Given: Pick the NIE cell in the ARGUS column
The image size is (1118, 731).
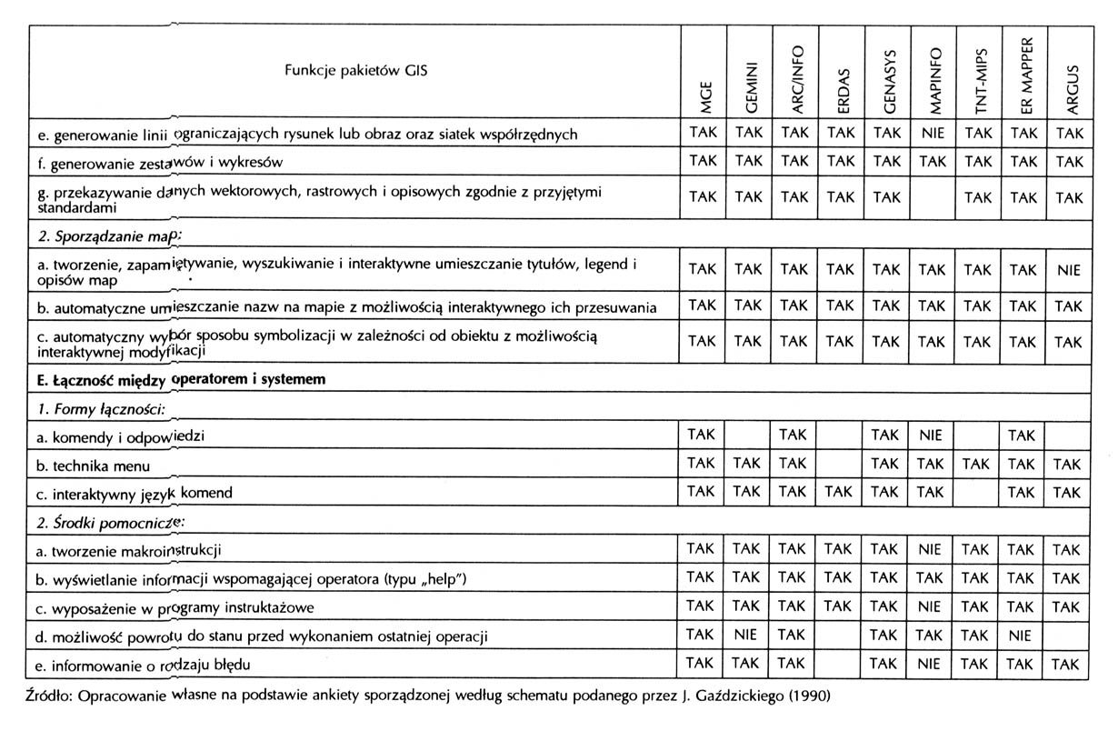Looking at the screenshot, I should point(1069,269).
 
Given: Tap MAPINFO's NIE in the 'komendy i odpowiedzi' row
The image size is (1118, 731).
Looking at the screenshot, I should point(931,436).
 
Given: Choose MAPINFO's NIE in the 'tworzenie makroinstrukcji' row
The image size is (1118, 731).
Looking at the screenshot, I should point(931,549).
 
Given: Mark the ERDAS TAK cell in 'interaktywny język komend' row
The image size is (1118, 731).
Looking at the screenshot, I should point(840,492).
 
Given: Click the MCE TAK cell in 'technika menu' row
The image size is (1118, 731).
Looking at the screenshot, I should point(703,464).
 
